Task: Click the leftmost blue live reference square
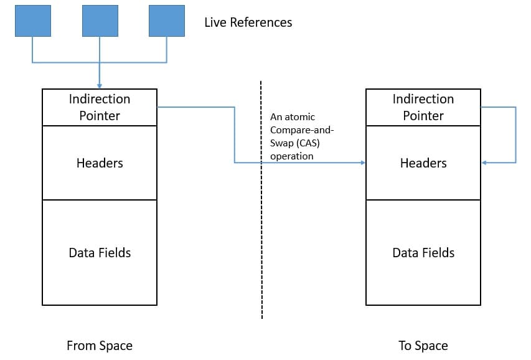click(32, 21)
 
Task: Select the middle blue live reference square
click(100, 21)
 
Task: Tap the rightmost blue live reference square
click(167, 21)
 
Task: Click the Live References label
click(248, 22)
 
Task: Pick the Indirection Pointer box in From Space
click(100, 107)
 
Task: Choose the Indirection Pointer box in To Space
click(423, 107)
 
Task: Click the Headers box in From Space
click(100, 163)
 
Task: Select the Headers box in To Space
click(423, 163)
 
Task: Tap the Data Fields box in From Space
click(100, 252)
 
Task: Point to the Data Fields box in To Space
click(423, 252)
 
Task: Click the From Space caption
click(100, 345)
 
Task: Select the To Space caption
click(423, 345)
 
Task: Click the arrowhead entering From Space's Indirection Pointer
click(100, 86)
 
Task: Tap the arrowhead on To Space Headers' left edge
click(362, 163)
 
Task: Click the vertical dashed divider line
click(261, 249)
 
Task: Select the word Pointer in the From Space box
click(100, 116)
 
